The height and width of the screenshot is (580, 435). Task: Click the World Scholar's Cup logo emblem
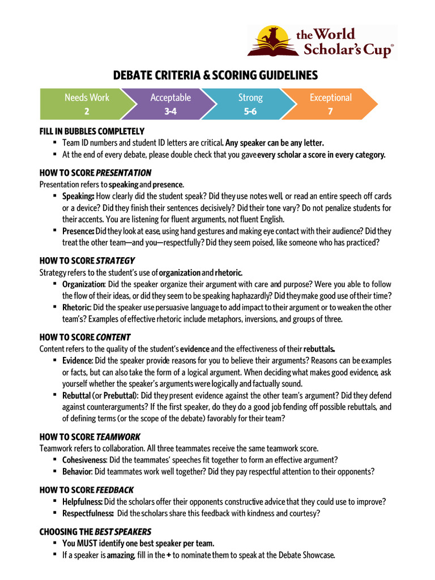coord(271,41)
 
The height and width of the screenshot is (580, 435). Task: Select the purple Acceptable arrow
coord(170,104)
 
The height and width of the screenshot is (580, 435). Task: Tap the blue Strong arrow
coord(250,104)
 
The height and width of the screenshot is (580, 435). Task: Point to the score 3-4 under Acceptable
coord(170,112)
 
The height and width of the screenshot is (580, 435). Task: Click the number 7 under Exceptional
coord(330,112)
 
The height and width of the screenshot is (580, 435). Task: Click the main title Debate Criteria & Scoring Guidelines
coord(216,75)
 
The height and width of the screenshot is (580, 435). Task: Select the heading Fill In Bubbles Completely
coord(92,131)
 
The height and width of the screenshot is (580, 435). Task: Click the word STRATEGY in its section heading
coord(116,261)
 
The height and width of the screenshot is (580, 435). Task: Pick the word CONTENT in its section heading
coord(113,336)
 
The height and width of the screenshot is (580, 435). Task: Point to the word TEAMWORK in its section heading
coord(118,437)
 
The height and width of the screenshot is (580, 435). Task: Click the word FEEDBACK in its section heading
coord(115,489)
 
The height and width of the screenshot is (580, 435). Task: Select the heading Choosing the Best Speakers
coord(95,532)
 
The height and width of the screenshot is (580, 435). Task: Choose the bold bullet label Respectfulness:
coord(88,513)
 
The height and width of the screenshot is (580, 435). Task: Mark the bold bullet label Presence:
coord(78,231)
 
